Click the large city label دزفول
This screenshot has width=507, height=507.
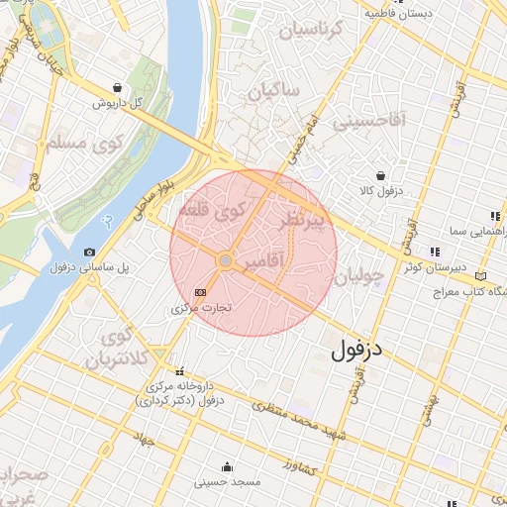[357, 351]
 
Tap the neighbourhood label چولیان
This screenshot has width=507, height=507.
[357, 279]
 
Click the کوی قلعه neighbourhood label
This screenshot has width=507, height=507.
[210, 211]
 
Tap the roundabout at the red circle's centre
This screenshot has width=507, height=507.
[226, 260]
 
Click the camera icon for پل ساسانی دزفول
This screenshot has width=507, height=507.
[90, 253]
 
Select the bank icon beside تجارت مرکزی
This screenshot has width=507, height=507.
[201, 292]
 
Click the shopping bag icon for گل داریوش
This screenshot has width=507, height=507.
[118, 87]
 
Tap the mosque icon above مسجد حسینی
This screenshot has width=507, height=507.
[229, 466]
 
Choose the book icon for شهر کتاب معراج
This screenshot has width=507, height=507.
[481, 276]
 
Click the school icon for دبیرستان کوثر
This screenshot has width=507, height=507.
[433, 251]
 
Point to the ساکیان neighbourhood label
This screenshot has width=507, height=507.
[274, 92]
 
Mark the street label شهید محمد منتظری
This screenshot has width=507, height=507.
[297, 422]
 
